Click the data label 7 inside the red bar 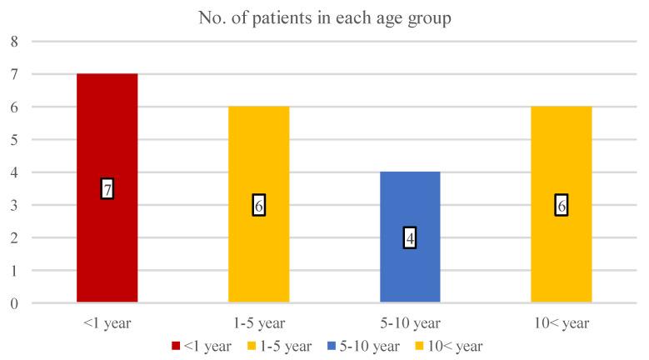pos(107,189)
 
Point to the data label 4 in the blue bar pos(410,238)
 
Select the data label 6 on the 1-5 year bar pos(258,206)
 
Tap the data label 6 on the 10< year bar pos(561,206)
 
